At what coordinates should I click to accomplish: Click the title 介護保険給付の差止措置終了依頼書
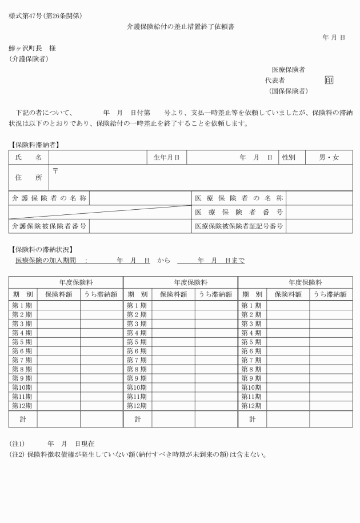point(180,27)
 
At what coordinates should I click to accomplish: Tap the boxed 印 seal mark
point(329,81)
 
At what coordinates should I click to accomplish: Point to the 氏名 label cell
point(29,157)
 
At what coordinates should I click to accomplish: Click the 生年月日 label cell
point(166,157)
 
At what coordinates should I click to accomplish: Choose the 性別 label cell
point(288,157)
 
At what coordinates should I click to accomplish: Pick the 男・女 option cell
point(329,157)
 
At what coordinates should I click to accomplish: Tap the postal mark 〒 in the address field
point(55,170)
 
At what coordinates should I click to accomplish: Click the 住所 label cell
point(29,178)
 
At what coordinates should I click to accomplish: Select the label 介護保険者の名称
point(49,198)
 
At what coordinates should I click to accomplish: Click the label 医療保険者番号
point(239,213)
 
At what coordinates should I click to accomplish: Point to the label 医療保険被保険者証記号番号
point(239,226)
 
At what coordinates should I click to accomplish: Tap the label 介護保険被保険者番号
point(49,226)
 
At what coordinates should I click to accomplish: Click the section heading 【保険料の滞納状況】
point(42,249)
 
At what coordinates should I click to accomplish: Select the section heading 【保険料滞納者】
point(35,144)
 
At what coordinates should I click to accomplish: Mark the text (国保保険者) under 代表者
point(289,91)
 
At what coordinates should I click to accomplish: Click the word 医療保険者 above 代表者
point(288,70)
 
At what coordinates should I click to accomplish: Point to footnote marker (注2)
point(17,455)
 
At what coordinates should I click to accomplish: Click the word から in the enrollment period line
point(163,261)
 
